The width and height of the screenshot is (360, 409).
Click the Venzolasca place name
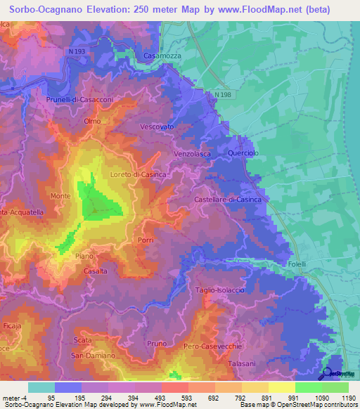point(194,152)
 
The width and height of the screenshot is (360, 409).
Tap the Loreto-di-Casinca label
point(138,174)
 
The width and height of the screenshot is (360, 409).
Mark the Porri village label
point(146,240)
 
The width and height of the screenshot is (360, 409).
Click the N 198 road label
point(224,94)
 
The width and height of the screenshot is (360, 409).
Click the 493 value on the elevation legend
point(146,398)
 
